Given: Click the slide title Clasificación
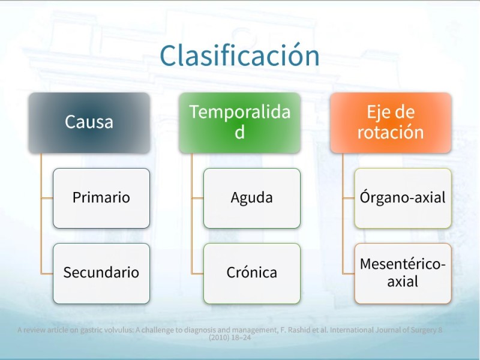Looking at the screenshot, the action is click(239, 55).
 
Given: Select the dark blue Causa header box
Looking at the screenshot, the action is click(89, 123).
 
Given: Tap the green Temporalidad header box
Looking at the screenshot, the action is click(239, 123).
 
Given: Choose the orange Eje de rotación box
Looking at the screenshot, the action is click(391, 123).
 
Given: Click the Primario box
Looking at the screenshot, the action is click(101, 198).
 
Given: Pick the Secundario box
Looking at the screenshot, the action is click(101, 274).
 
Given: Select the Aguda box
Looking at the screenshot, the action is click(252, 198).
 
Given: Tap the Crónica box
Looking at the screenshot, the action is click(252, 274).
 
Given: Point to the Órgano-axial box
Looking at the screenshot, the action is click(403, 198).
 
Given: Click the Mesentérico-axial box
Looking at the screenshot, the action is click(403, 274).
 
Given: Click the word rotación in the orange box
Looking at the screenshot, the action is click(391, 132).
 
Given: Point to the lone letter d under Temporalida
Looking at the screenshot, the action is click(239, 132).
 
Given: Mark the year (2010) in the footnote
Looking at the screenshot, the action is click(218, 338).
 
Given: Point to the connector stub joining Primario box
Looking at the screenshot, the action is click(47, 198).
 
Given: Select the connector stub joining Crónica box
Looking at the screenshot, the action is click(197, 274).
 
